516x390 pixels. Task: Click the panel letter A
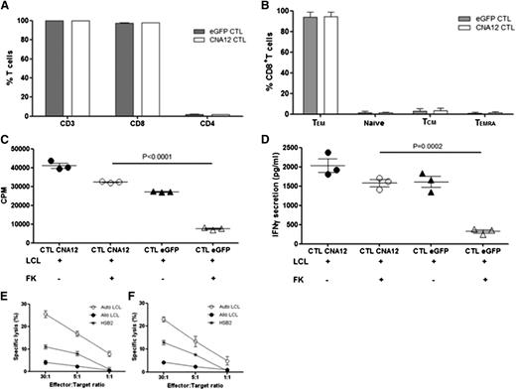(7, 7)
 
